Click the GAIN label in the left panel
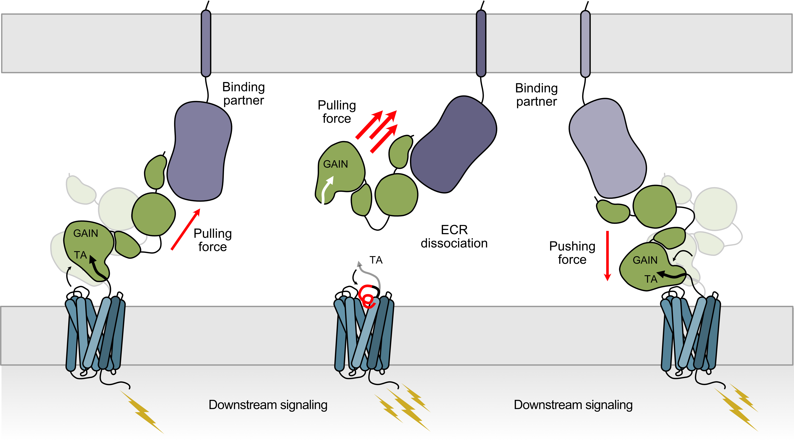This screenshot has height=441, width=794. (86, 233)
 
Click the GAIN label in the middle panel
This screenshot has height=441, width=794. (335, 164)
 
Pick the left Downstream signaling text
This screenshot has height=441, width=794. (268, 405)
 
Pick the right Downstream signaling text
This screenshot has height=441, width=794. (573, 405)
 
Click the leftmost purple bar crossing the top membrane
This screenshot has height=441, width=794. (206, 43)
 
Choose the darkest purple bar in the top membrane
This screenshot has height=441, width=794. (481, 43)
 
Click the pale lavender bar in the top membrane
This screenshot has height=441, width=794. (585, 43)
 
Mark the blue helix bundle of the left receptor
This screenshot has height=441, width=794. (95, 334)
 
